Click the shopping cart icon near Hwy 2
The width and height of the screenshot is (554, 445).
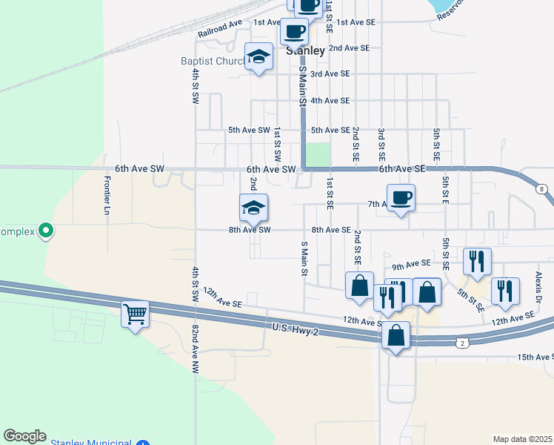pos(136,314)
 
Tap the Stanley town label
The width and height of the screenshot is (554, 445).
pos(305,51)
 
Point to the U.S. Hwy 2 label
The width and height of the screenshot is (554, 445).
pos(295,329)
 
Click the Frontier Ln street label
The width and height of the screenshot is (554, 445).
pos(107,195)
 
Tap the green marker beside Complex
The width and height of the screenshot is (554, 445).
pos(46,231)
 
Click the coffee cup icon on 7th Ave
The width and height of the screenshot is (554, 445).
pos(401,198)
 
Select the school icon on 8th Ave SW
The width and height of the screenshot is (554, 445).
pos(253,207)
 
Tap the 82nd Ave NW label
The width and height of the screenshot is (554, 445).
pos(196,348)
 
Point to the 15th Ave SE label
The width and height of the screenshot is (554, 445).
pos(535,357)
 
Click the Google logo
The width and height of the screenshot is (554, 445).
pos(24,436)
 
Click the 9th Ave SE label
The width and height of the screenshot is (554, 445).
pos(411,264)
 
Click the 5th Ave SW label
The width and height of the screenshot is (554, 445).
pos(249,130)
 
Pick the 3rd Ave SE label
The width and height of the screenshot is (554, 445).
pos(330,74)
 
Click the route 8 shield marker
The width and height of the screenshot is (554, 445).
pos(542,189)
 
